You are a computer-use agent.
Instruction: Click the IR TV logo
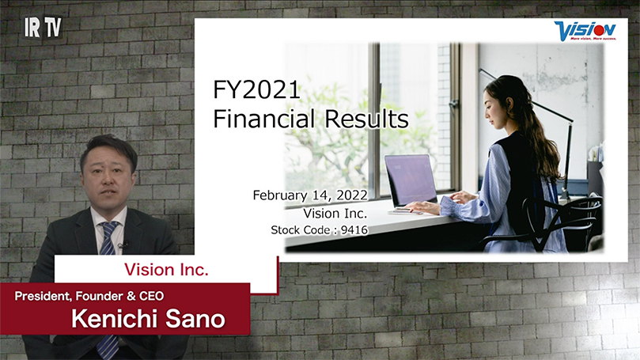tap(43, 27)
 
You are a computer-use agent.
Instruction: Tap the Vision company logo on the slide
tap(585, 31)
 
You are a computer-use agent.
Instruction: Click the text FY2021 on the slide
tap(256, 90)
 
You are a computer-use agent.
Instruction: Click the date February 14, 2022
tap(310, 195)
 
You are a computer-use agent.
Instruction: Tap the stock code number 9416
tap(354, 230)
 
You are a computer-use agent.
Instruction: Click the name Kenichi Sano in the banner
tap(148, 319)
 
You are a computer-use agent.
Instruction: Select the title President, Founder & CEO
tap(89, 296)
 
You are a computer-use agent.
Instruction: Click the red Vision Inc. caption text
tap(166, 270)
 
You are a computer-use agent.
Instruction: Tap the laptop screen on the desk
tap(408, 180)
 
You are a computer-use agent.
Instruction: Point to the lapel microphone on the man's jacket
tap(123, 245)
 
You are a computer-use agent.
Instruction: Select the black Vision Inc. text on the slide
tap(335, 214)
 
